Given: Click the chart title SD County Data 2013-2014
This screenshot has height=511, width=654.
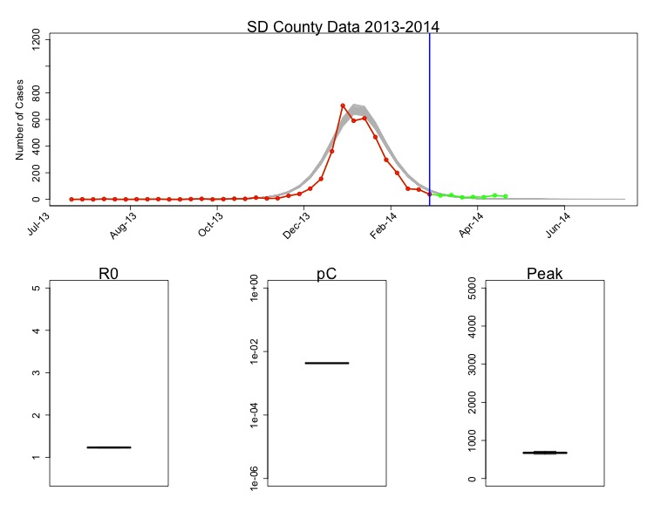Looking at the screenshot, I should (343, 26).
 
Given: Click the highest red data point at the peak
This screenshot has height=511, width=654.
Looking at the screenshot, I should (343, 106).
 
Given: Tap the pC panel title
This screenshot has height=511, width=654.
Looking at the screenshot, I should (326, 274).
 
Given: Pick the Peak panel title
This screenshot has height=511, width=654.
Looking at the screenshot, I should (545, 274).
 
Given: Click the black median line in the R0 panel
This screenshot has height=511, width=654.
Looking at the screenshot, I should (109, 447).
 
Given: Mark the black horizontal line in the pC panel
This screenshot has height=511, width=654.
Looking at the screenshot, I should (327, 363).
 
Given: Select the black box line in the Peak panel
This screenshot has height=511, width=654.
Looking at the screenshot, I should (545, 453).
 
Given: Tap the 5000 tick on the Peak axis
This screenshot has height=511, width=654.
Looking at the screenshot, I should (472, 289).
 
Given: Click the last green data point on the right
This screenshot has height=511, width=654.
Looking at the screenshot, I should (506, 196).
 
